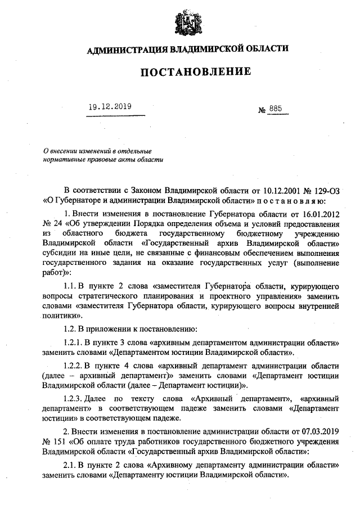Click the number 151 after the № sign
tap(60, 441)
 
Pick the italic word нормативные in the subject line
tap(65, 159)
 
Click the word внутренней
tap(317, 305)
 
